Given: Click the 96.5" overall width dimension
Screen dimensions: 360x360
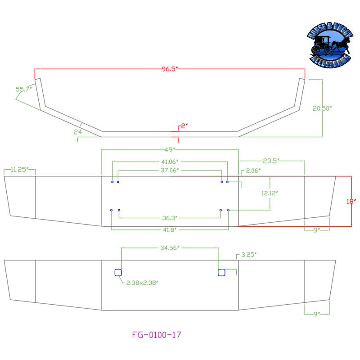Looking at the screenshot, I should coord(170,69).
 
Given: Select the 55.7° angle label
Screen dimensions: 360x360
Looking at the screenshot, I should coord(24,89).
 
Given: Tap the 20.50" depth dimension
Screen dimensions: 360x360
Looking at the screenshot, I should coord(322,108).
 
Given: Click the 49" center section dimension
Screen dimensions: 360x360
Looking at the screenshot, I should coord(170,149).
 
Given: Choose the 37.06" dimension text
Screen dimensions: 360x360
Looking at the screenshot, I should coord(169,170).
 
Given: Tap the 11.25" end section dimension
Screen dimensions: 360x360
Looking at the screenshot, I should coord(20,170).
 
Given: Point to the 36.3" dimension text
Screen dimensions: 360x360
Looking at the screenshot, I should coord(169,218).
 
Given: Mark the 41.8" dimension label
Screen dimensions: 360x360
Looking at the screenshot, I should coord(169,229).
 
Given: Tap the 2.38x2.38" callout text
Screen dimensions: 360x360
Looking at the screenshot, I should coord(142,282).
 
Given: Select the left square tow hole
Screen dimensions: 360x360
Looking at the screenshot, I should coord(118,272).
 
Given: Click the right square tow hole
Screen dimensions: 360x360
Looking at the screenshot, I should coord(221,272).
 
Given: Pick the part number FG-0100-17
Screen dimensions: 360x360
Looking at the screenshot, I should coord(157,335).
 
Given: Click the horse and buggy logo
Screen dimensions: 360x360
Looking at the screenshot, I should coord(329,44).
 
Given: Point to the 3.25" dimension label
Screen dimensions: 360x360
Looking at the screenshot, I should coord(249,255).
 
